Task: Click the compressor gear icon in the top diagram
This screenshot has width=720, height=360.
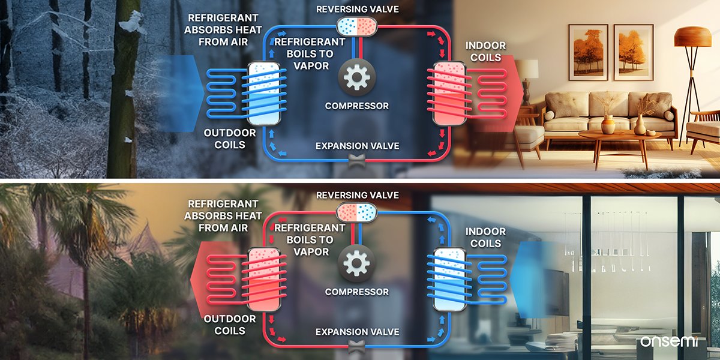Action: click(x=357, y=77)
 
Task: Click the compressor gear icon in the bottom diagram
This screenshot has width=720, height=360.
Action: click(x=357, y=263)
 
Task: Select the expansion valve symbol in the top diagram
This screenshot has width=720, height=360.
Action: click(x=358, y=160)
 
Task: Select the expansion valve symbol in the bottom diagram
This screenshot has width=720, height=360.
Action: click(x=358, y=346)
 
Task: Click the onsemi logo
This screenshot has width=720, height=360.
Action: click(x=673, y=341)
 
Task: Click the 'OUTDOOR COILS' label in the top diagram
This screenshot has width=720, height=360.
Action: click(x=230, y=139)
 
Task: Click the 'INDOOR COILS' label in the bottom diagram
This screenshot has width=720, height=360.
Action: click(x=485, y=237)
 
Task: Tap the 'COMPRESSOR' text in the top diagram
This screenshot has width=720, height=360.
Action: click(x=357, y=106)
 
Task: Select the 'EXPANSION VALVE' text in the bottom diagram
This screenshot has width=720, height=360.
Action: click(x=357, y=332)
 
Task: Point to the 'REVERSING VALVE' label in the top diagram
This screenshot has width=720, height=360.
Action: click(x=357, y=9)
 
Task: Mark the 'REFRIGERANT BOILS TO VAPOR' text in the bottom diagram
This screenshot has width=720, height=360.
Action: click(x=310, y=240)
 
